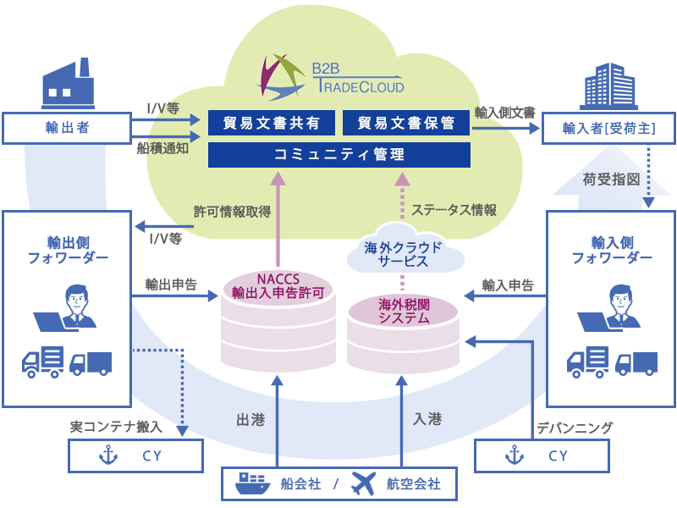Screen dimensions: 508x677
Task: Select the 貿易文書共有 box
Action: coord(272,123)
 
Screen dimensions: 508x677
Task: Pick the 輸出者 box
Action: coord(67,128)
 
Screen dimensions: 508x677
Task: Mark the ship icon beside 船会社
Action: coord(253,483)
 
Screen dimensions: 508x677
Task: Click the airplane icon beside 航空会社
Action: coord(361,483)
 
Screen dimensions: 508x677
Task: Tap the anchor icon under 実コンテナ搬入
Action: coord(107,456)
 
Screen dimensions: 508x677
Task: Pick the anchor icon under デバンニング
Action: coord(513,456)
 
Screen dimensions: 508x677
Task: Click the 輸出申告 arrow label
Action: coord(170,284)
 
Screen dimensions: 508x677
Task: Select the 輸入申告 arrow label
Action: coord(507,285)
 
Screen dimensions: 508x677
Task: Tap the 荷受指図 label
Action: coord(611,179)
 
